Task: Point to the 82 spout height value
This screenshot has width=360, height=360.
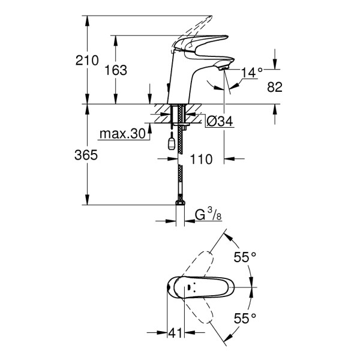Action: [x=275, y=87]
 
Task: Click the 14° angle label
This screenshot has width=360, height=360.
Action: [x=252, y=73]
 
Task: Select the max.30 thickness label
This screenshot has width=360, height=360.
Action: [x=124, y=134]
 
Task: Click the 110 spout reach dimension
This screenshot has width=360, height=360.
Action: [x=202, y=160]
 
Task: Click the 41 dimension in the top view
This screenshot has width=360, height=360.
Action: [x=176, y=332]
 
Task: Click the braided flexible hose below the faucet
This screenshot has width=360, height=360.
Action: [x=179, y=174]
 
